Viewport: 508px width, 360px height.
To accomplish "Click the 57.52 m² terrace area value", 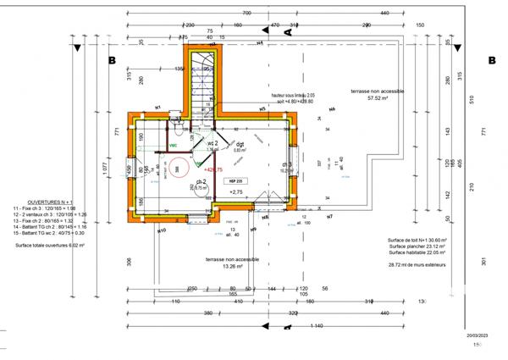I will point(371,98).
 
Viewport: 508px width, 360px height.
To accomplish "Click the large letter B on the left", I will point(111,61).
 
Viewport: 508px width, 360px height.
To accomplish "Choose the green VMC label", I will point(174,146).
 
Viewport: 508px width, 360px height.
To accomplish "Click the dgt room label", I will point(240,144).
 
